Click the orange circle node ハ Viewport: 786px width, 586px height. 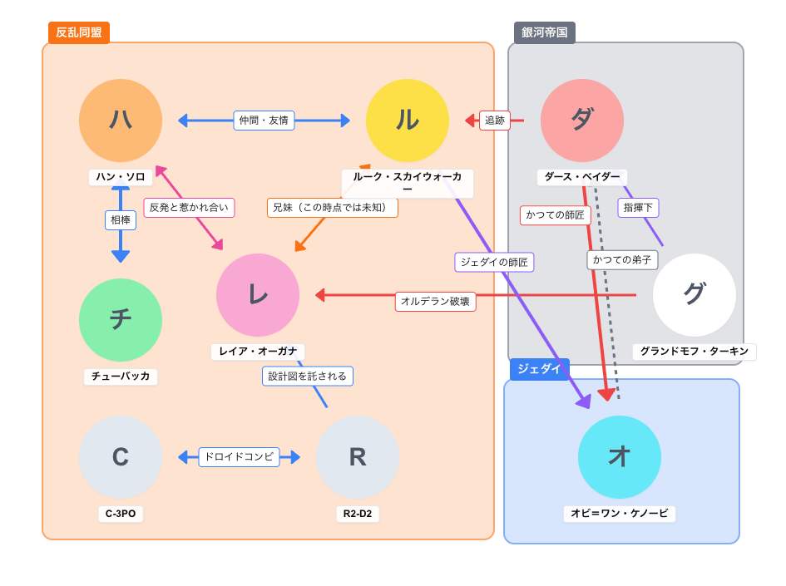click(x=121, y=121)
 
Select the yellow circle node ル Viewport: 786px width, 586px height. click(x=408, y=121)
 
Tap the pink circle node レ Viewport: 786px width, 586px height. click(x=258, y=295)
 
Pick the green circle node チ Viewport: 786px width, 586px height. click(x=121, y=320)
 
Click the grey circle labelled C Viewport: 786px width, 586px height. click(x=121, y=457)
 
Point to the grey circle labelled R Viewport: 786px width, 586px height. click(x=358, y=457)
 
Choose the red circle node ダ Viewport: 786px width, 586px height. click(x=582, y=121)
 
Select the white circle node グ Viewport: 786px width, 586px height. click(x=695, y=295)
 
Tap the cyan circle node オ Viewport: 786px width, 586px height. click(x=620, y=457)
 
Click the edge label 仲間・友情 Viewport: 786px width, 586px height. click(x=264, y=121)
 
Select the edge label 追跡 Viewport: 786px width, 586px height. click(x=495, y=121)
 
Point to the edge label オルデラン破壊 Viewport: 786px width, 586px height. click(x=435, y=302)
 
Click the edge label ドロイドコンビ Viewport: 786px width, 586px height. click(x=239, y=457)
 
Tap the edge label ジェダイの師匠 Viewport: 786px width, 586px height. click(x=494, y=263)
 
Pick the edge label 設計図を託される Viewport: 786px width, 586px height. click(x=307, y=377)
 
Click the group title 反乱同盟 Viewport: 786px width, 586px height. click(x=79, y=33)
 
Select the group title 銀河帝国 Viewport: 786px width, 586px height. click(x=545, y=33)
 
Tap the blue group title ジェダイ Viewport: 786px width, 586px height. click(x=539, y=369)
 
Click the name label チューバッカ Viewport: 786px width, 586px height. click(x=121, y=377)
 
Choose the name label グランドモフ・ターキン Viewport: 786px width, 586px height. click(x=695, y=352)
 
